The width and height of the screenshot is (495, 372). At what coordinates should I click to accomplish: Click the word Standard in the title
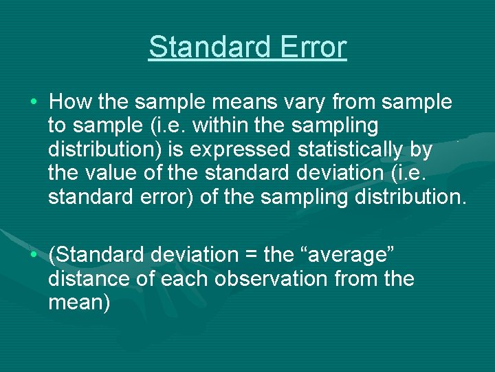click(x=199, y=48)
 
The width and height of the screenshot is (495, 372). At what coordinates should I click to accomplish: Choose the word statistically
click(x=346, y=149)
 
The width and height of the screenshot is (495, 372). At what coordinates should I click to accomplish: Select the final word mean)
click(x=79, y=303)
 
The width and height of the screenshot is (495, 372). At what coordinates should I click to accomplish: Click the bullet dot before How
click(x=34, y=103)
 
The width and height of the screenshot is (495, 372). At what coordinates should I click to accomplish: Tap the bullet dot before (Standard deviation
click(x=34, y=256)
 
